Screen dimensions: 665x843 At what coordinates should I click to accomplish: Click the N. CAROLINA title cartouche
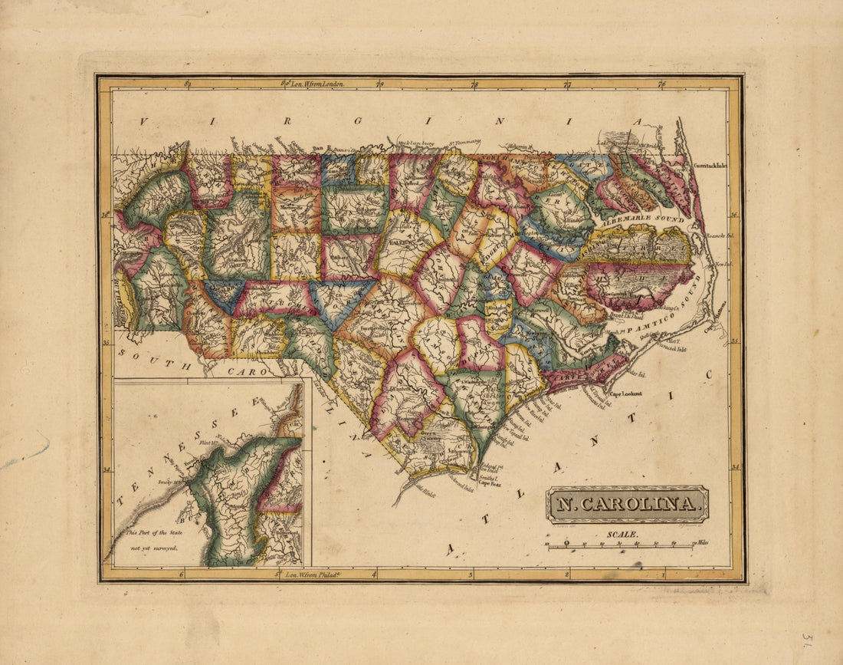pos(627,505)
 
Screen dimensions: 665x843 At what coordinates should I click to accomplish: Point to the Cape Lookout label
pos(625,393)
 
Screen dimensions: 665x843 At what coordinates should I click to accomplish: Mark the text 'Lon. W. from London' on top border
pos(316,83)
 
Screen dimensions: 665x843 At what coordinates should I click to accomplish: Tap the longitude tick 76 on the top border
pos(661,84)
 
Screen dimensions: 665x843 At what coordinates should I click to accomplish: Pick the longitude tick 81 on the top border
pos(189,84)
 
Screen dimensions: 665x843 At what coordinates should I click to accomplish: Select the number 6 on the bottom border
pos(181,574)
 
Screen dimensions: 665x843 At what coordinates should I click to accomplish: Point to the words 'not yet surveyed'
pos(153,548)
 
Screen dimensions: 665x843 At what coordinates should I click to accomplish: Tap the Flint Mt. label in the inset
pos(208,443)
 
